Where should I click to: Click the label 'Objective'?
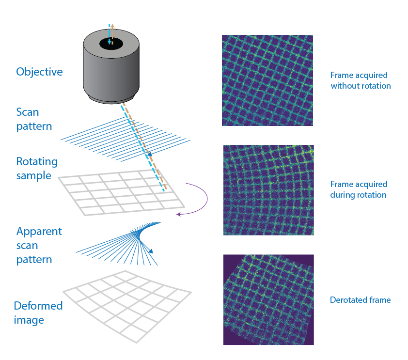(x=39, y=72)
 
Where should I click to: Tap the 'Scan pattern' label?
(x=34, y=119)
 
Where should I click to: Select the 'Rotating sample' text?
(x=37, y=168)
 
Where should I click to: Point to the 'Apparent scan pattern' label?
(x=39, y=245)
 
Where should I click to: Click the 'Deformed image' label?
(x=38, y=313)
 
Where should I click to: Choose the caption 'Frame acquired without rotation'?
(x=360, y=80)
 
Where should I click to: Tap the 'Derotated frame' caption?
(x=360, y=300)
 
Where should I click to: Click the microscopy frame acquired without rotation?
(x=267, y=80)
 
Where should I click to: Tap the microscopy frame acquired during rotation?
(x=268, y=190)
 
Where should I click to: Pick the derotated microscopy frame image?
(x=268, y=300)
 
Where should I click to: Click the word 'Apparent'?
(x=39, y=231)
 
